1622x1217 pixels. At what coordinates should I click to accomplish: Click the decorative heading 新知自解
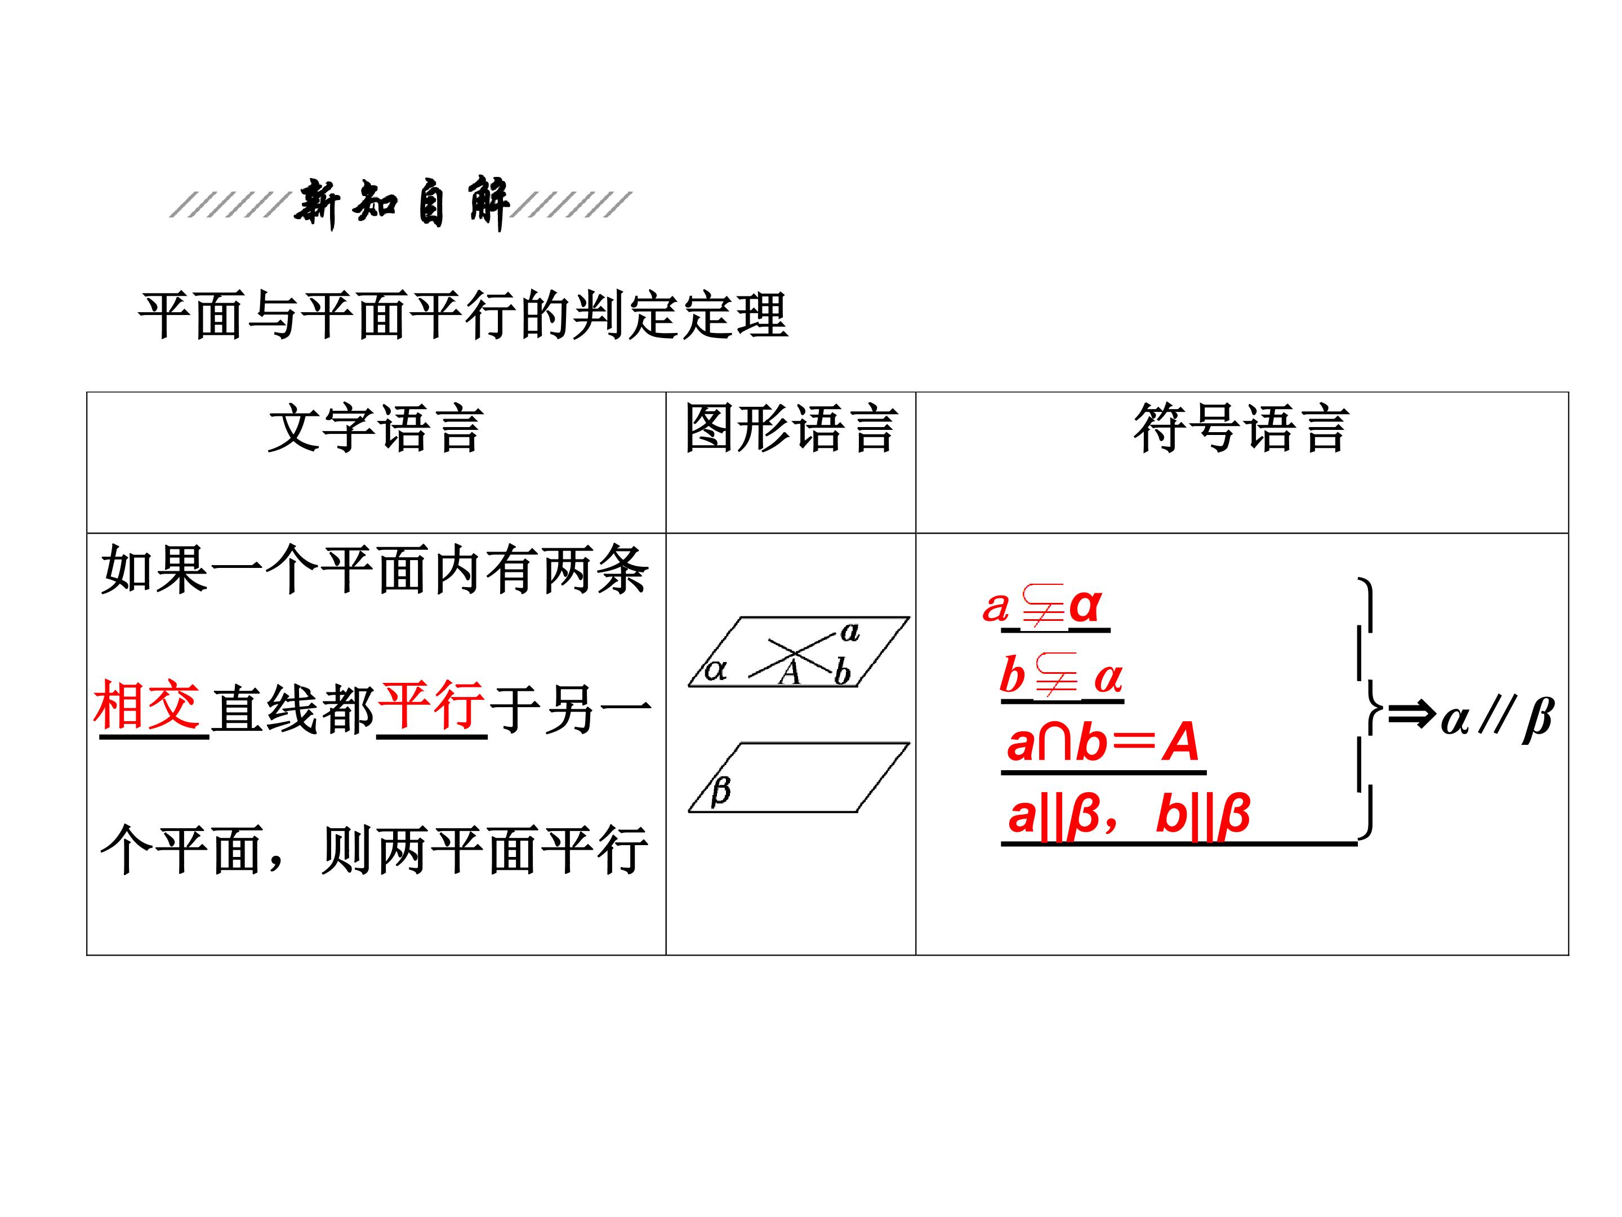(x=402, y=203)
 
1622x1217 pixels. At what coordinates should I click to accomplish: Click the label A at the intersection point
(x=789, y=673)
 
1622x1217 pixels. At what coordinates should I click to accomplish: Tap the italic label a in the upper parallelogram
(x=850, y=632)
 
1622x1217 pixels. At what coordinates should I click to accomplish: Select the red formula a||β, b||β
(x=1129, y=814)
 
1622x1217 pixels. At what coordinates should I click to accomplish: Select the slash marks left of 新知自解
(x=228, y=205)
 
